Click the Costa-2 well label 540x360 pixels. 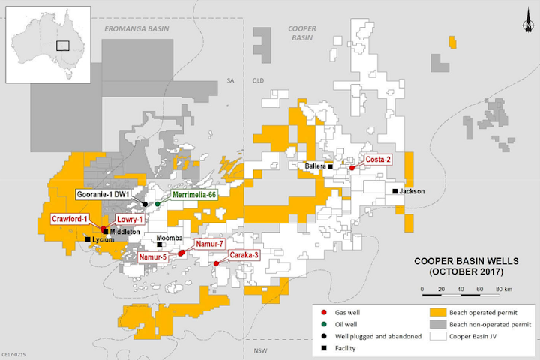click(377, 159)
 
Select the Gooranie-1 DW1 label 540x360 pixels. click(105, 195)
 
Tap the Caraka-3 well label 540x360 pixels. click(244, 255)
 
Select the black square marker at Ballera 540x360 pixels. click(330, 166)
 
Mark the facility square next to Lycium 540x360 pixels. click(88, 239)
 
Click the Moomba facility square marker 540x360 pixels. click(159, 244)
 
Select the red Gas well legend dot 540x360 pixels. click(322, 310)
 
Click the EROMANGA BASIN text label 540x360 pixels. click(136, 28)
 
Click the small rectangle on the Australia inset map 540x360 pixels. click(62, 44)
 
